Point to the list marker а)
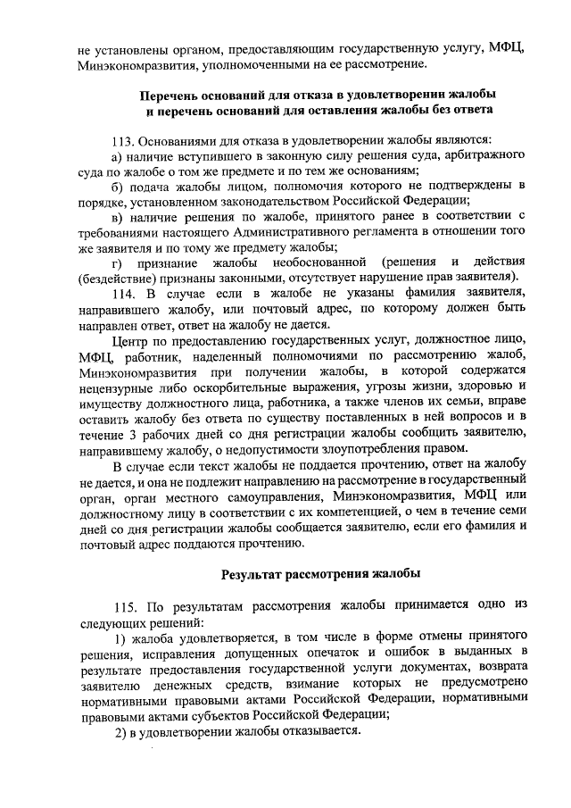click(118, 156)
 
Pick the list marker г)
click(118, 262)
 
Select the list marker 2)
click(120, 729)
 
